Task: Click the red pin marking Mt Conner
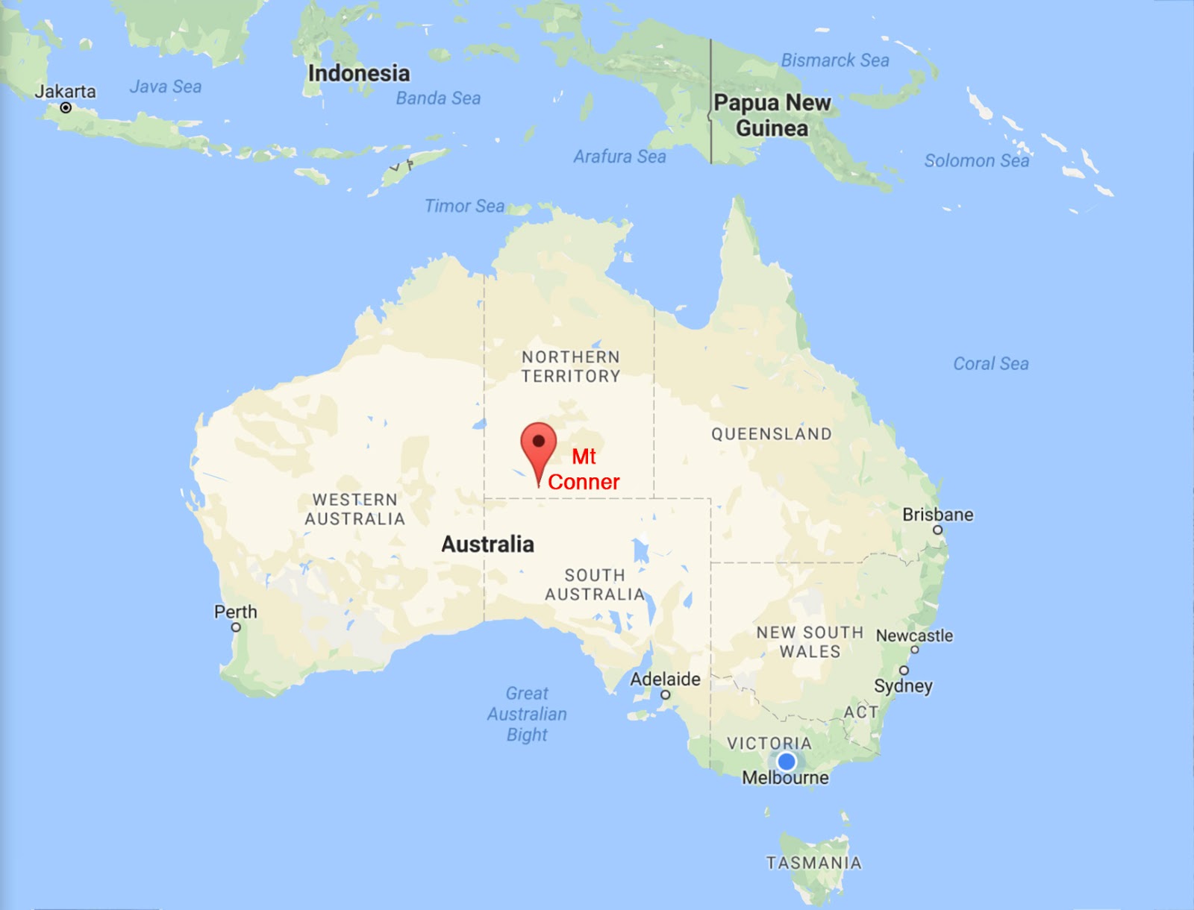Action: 538,443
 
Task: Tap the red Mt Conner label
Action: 584,469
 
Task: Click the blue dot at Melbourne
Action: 786,762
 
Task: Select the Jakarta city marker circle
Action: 66,108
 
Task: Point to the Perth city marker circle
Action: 236,627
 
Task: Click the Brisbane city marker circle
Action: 938,530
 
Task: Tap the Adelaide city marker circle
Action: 665,695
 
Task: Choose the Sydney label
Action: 903,685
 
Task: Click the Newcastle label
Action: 914,636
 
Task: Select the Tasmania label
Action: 814,863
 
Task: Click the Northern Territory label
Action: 571,366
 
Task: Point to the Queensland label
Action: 771,434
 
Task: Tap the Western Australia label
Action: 354,509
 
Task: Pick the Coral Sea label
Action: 990,364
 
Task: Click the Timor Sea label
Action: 464,206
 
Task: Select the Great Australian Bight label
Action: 527,714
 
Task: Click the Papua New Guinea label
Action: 772,116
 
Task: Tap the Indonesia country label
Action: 359,73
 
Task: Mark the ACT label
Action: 860,712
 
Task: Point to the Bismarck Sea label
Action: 835,60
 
